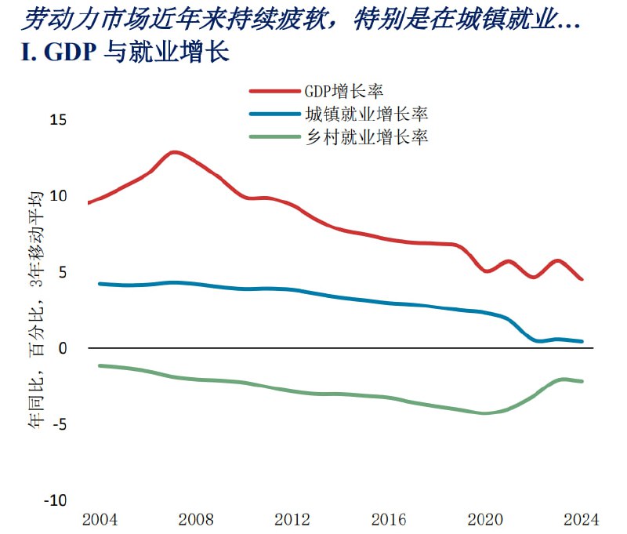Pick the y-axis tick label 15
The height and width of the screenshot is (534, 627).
pos(59,120)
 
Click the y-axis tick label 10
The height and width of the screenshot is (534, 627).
pos(59,196)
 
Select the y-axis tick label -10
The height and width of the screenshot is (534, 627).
pos(57,500)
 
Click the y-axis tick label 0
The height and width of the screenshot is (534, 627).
pos(64,348)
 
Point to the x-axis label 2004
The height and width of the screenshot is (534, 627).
pos(100,519)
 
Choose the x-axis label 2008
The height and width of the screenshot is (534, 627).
pos(196,519)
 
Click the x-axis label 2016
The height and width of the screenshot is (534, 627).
pos(389,519)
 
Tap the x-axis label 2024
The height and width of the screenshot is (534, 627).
pos(581,519)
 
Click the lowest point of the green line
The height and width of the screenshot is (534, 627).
pos(485,413)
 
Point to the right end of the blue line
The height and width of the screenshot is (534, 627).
pos(582,341)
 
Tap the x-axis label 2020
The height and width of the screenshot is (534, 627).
pos(485,519)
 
